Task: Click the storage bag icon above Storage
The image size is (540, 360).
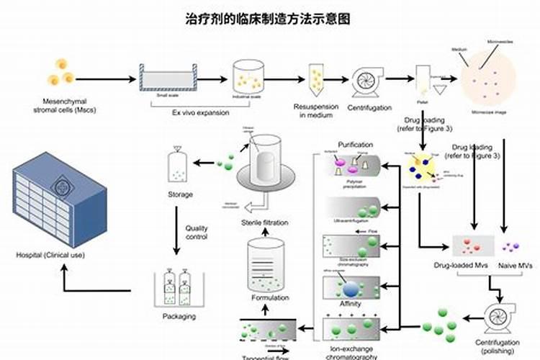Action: pyautogui.click(x=176, y=166)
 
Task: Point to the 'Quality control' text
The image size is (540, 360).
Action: pyautogui.click(x=196, y=233)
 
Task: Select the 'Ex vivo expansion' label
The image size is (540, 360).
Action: pyautogui.click(x=200, y=112)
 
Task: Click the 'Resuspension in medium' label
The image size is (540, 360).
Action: pyautogui.click(x=315, y=111)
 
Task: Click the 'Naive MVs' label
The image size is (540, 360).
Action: pyautogui.click(x=516, y=266)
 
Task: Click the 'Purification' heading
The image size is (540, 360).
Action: pyautogui.click(x=355, y=145)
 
